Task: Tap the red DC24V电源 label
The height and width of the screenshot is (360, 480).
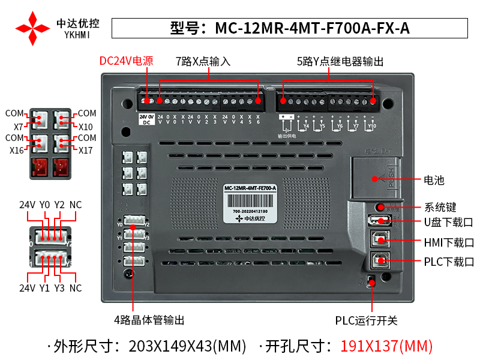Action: pyautogui.click(x=126, y=61)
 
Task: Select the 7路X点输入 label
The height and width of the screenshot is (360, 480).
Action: pyautogui.click(x=203, y=61)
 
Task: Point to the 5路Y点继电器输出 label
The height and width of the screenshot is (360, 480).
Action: pyautogui.click(x=340, y=61)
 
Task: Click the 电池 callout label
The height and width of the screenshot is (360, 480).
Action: pyautogui.click(x=434, y=179)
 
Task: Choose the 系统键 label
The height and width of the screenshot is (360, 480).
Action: pyautogui.click(x=440, y=208)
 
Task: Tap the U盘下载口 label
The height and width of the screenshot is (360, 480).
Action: pyautogui.click(x=448, y=223)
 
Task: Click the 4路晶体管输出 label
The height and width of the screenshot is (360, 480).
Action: pyautogui.click(x=149, y=320)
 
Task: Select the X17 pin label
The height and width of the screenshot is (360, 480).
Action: pyautogui.click(x=86, y=150)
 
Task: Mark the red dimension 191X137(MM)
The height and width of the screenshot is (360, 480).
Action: pyautogui.click(x=386, y=346)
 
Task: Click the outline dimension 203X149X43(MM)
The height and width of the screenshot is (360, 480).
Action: pyautogui.click(x=187, y=346)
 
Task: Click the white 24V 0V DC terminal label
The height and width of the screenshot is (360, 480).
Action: pyautogui.click(x=147, y=119)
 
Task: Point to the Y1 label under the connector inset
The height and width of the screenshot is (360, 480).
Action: pyautogui.click(x=44, y=288)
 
